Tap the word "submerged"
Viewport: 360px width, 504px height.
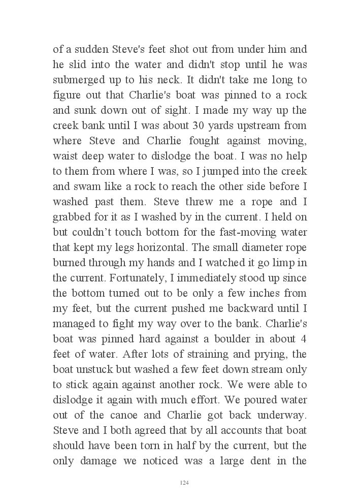point(77,80)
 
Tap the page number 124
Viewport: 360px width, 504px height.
point(184,482)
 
